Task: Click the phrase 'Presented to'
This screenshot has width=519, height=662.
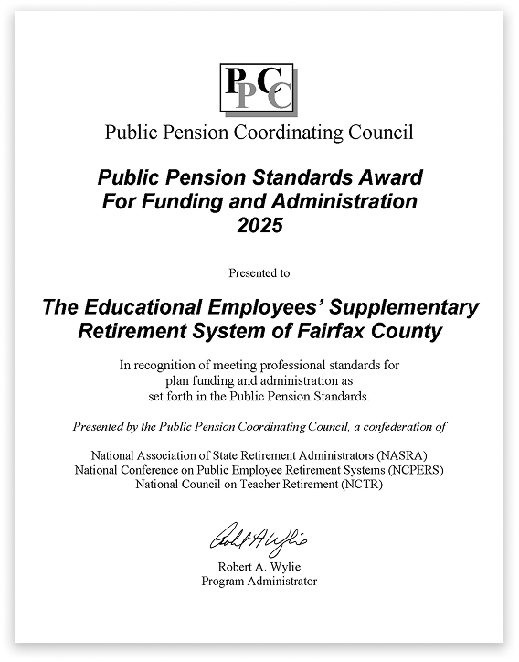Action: coord(259,272)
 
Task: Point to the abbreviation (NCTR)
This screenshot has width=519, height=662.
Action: coord(360,484)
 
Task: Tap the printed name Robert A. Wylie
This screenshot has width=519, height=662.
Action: coord(259,566)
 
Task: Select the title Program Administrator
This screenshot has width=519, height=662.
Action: coord(259,581)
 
